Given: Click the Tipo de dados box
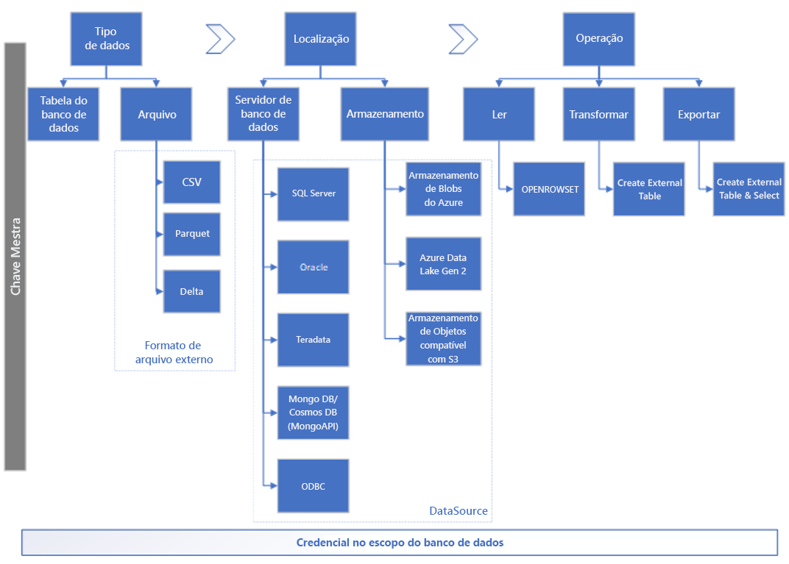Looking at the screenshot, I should (106, 39).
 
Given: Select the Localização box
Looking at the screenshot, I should (320, 39).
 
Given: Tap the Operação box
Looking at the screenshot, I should (599, 39).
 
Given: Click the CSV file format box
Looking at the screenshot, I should (192, 182).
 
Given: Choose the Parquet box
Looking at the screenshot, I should (192, 233).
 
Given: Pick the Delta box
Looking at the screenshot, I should (192, 291).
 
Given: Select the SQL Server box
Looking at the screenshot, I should (313, 193).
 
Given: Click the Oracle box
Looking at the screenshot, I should (313, 267).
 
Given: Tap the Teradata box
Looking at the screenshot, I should (313, 340).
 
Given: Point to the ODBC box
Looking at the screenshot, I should (313, 486).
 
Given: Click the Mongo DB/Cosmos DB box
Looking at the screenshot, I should (313, 413).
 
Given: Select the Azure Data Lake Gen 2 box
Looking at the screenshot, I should (443, 264).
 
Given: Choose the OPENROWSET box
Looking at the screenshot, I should (549, 189).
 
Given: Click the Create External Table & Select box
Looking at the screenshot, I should (749, 189).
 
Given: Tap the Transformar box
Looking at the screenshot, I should (598, 114).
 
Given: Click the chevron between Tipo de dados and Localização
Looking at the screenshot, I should (220, 39).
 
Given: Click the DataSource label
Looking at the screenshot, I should (458, 511).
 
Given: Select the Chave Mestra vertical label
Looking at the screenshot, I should (15, 256).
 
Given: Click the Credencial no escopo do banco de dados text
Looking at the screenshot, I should (399, 543).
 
